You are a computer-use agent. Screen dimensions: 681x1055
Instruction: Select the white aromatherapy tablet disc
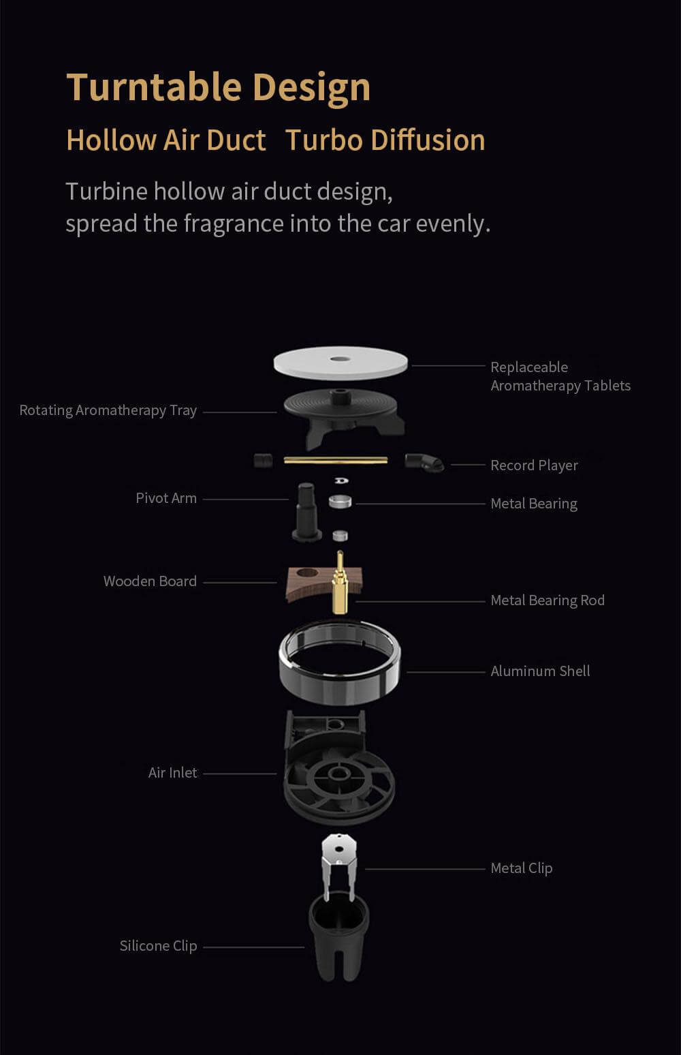(340, 363)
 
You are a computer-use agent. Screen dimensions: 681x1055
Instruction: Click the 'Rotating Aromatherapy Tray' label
(108, 411)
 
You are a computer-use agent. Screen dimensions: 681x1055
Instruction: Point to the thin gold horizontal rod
(336, 460)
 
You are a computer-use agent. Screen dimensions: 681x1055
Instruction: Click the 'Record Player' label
(534, 465)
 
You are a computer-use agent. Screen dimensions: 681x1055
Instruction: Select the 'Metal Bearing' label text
(534, 504)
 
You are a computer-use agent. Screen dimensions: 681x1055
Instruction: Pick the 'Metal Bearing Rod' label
(548, 600)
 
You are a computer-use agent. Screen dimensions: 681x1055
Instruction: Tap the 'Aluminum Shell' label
(540, 671)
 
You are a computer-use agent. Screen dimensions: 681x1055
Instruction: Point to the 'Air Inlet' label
(173, 773)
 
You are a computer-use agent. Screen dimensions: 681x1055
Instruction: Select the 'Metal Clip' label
(522, 868)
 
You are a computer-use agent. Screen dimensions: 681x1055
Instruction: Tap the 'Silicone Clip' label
(158, 946)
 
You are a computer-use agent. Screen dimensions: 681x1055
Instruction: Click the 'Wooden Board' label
(150, 581)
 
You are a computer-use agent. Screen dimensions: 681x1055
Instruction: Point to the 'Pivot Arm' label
(166, 498)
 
